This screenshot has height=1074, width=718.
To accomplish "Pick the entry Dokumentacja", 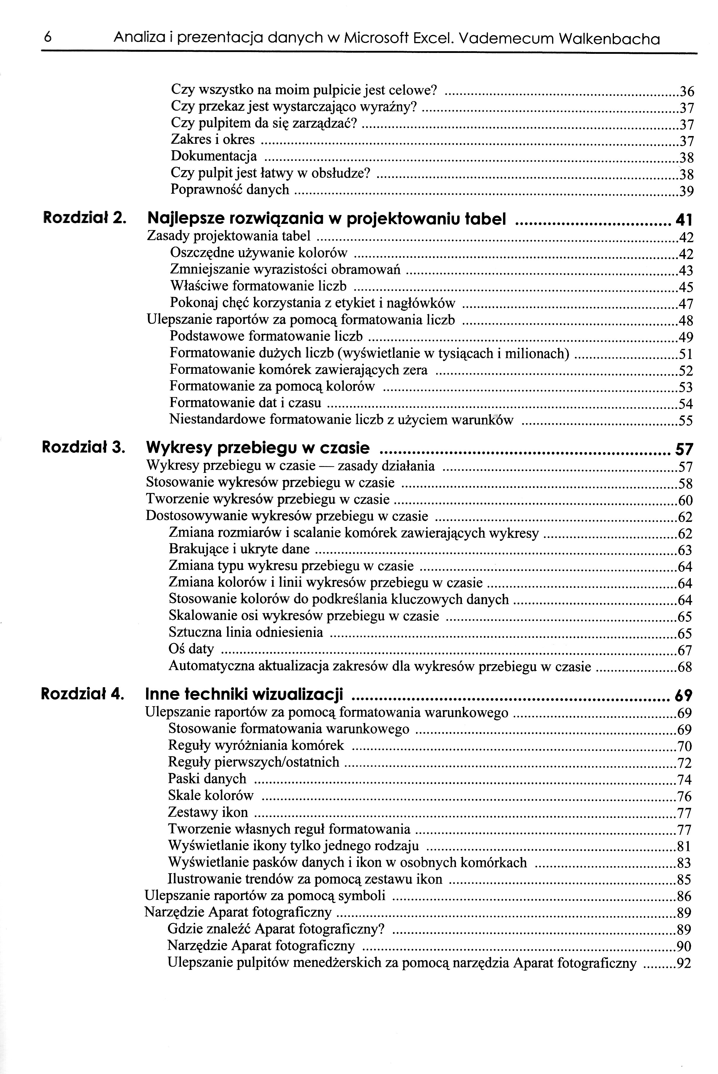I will coord(214,156).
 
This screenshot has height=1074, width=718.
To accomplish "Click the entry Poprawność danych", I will coord(230,190).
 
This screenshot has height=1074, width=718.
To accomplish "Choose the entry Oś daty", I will coord(191,649).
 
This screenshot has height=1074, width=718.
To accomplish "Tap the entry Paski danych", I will coord(207,779).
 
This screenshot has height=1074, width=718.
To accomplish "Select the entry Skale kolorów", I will coord(211,796).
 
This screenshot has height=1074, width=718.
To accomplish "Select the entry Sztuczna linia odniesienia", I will coord(246,633).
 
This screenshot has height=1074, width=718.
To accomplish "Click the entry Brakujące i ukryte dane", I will coord(239,549).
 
